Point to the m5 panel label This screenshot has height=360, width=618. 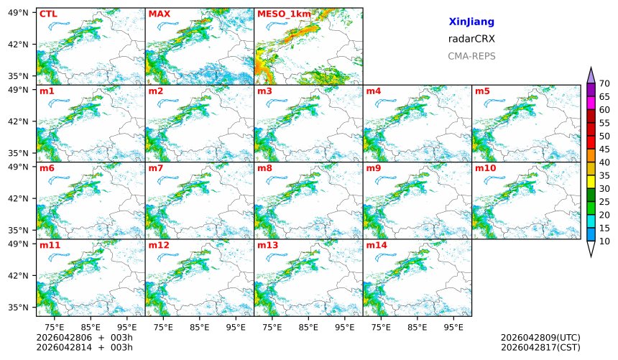481,91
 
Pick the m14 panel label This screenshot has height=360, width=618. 376,245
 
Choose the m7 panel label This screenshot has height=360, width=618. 156,168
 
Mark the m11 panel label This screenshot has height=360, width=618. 50,245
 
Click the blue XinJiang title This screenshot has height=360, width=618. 471,22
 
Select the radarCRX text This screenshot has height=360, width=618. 471,39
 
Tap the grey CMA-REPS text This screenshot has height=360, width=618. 471,56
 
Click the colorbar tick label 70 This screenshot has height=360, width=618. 604,84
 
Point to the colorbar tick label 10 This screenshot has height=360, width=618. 604,241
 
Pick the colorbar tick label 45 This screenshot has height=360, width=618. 604,149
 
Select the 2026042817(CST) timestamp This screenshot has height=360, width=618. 540,348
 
